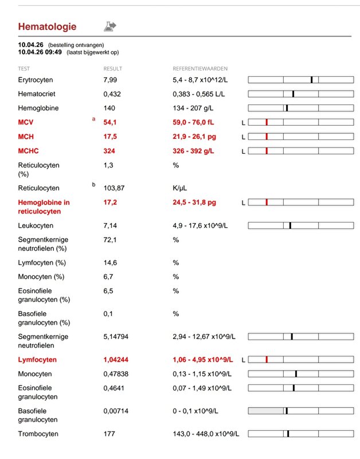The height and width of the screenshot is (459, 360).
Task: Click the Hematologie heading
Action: point(47,26)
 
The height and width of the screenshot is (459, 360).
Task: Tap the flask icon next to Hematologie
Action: point(109,26)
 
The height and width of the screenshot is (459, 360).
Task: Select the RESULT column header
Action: point(112,68)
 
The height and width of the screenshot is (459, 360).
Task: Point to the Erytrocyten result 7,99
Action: point(110,79)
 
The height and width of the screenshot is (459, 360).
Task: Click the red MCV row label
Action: point(26,122)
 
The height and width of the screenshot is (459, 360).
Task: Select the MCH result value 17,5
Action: point(110,137)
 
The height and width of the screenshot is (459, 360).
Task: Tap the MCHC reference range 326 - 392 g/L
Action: point(193,151)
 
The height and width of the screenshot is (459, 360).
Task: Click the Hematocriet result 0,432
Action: point(112,94)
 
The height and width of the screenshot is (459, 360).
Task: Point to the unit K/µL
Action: point(181,188)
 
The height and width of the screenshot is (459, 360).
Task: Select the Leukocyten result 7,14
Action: point(110,225)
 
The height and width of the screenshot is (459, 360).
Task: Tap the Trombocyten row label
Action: point(38,434)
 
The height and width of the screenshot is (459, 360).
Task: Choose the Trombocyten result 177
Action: point(109,434)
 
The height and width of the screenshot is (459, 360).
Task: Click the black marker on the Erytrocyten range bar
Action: point(311,79)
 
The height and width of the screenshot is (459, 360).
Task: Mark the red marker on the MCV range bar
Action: point(267,122)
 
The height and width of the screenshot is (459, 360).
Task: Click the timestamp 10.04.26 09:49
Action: point(40,52)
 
